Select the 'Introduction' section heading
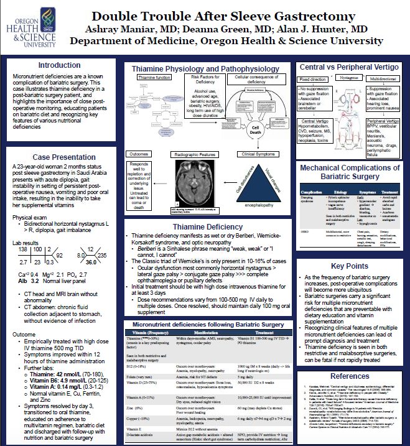tap(59, 65)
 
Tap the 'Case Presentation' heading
tap(60, 158)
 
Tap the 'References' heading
tap(349, 376)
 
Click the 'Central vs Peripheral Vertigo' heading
tap(349, 66)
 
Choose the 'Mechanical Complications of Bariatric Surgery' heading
tap(349, 172)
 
